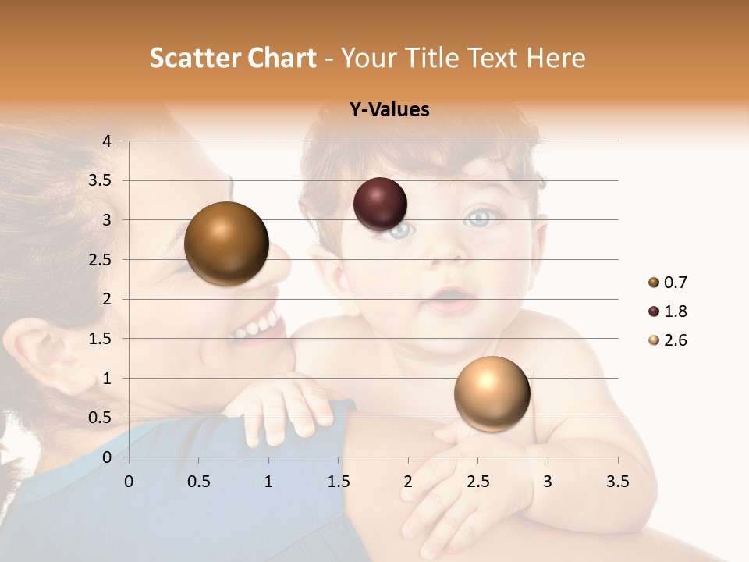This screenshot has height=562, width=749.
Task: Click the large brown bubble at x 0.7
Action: pyautogui.click(x=227, y=244)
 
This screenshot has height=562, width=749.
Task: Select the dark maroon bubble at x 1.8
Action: pyautogui.click(x=380, y=204)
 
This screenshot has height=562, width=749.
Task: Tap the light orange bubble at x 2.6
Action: pyautogui.click(x=492, y=393)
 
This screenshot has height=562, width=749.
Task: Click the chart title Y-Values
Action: pyautogui.click(x=389, y=110)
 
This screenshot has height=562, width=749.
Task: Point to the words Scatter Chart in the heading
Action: pyautogui.click(x=233, y=58)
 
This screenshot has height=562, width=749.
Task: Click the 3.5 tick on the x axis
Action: pyautogui.click(x=617, y=482)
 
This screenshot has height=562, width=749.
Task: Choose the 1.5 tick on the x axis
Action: pyautogui.click(x=338, y=482)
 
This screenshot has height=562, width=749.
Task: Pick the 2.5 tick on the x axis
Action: pyautogui.click(x=477, y=482)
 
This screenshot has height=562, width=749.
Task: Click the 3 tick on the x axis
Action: pyautogui.click(x=548, y=482)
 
